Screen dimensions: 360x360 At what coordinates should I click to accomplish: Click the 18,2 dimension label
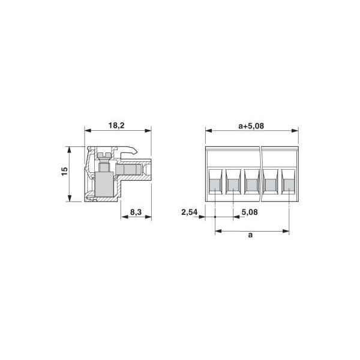pyautogui.click(x=116, y=125)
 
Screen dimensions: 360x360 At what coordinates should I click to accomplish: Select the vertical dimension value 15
pyautogui.click(x=65, y=172)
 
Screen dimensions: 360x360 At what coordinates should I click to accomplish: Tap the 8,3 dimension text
pyautogui.click(x=136, y=212)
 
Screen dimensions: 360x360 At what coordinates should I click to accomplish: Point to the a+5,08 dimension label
pyautogui.click(x=251, y=126)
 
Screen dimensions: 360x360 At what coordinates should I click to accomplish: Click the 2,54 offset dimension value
pyautogui.click(x=190, y=212)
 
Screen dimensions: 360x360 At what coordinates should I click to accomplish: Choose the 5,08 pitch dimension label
pyautogui.click(x=250, y=212)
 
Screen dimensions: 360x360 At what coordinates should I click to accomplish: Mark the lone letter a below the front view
pyautogui.click(x=250, y=235)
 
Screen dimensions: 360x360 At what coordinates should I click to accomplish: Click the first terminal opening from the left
pyautogui.click(x=215, y=182)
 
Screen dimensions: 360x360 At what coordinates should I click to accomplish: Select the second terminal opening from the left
pyautogui.click(x=233, y=182)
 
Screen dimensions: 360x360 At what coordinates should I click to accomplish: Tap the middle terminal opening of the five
pyautogui.click(x=251, y=182)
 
